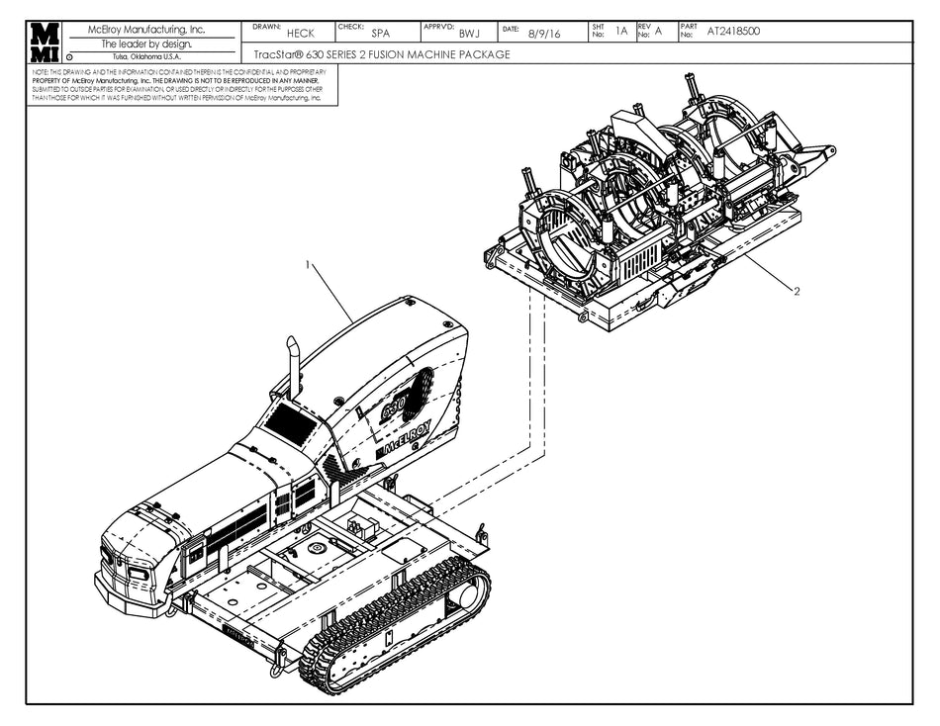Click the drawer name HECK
[x=300, y=34]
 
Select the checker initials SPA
[x=380, y=34]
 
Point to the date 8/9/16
[x=544, y=34]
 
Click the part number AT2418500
[x=733, y=32]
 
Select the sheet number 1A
[x=621, y=32]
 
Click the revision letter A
[x=658, y=32]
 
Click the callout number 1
[x=309, y=265]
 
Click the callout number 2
[x=796, y=291]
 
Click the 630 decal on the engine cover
[x=401, y=402]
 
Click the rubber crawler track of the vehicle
[x=396, y=623]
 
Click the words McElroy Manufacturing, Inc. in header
[x=146, y=30]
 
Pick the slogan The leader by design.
[x=146, y=44]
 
